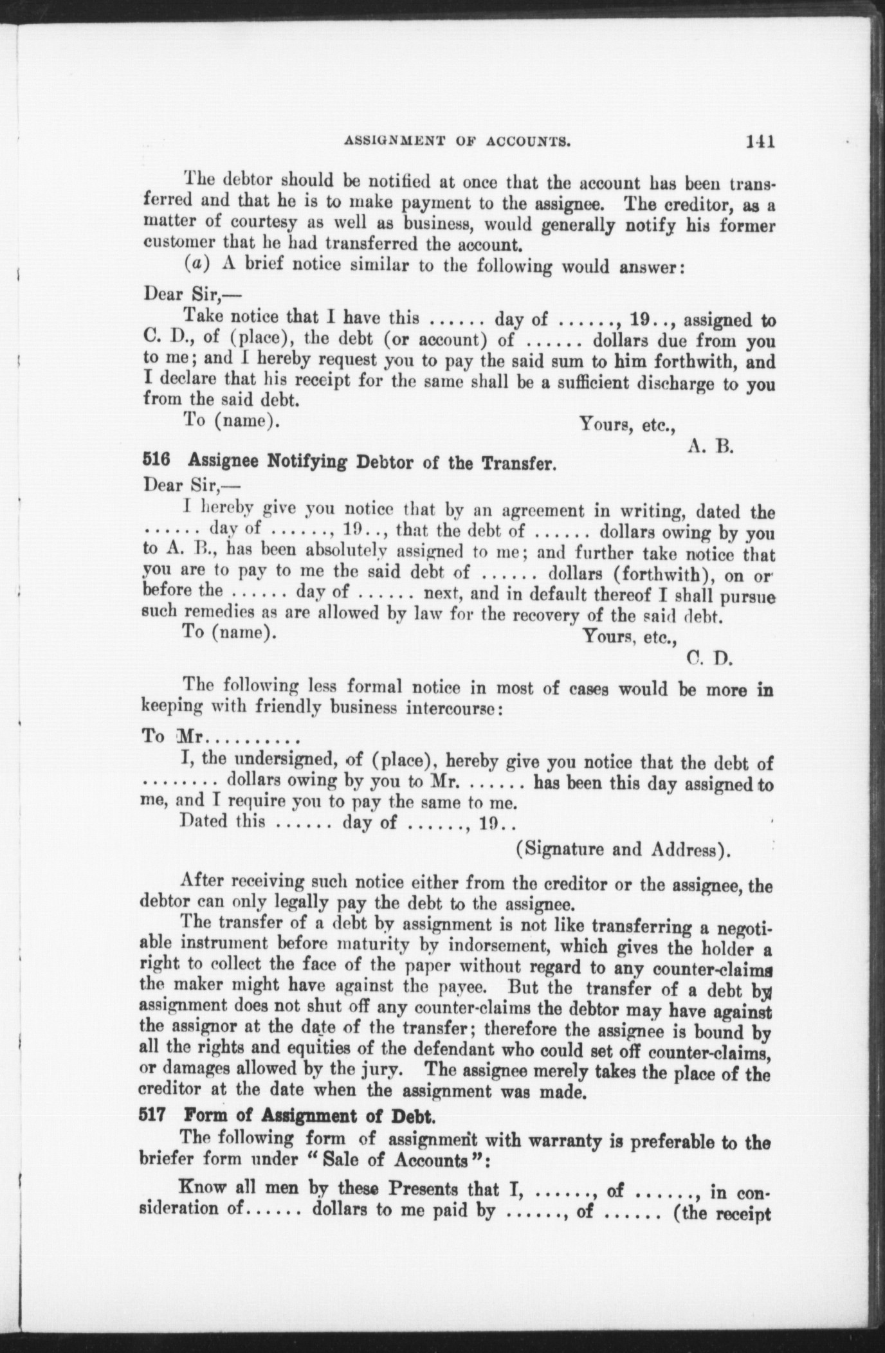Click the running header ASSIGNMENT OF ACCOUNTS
point(458,142)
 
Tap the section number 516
point(151,462)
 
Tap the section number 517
point(151,1117)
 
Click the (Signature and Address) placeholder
point(623,850)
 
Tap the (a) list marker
point(194,266)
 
